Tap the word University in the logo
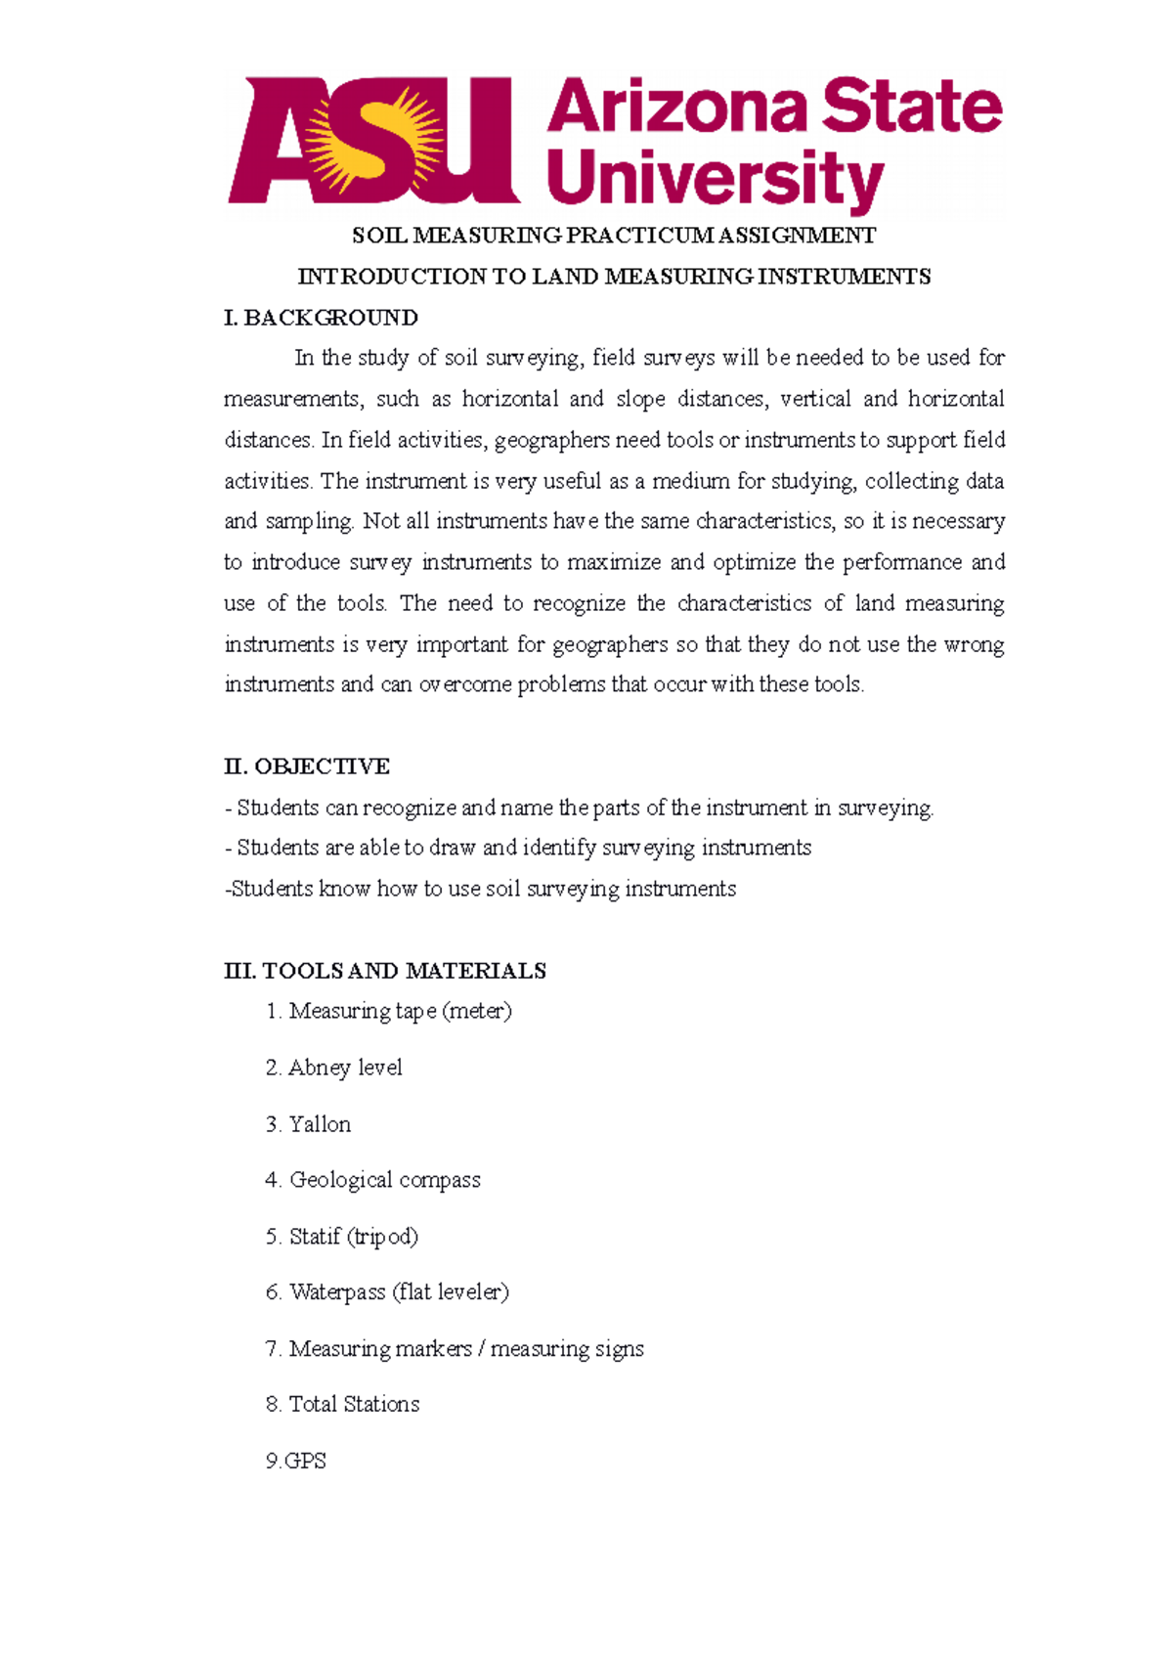(x=716, y=180)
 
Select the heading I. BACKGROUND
(x=321, y=318)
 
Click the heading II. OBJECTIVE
(x=307, y=766)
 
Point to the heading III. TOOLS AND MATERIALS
(x=385, y=971)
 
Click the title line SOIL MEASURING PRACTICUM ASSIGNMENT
(x=614, y=236)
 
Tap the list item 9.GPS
(x=296, y=1461)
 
